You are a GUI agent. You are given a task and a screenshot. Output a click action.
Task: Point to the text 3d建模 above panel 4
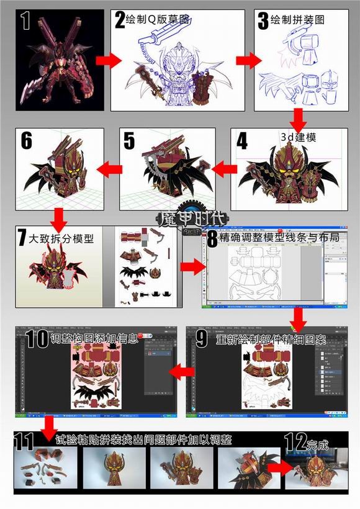297,137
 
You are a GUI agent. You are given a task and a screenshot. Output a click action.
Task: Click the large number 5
129,141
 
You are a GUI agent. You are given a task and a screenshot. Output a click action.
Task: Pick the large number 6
27,141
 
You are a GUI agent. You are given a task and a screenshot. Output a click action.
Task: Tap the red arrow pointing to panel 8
192,267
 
